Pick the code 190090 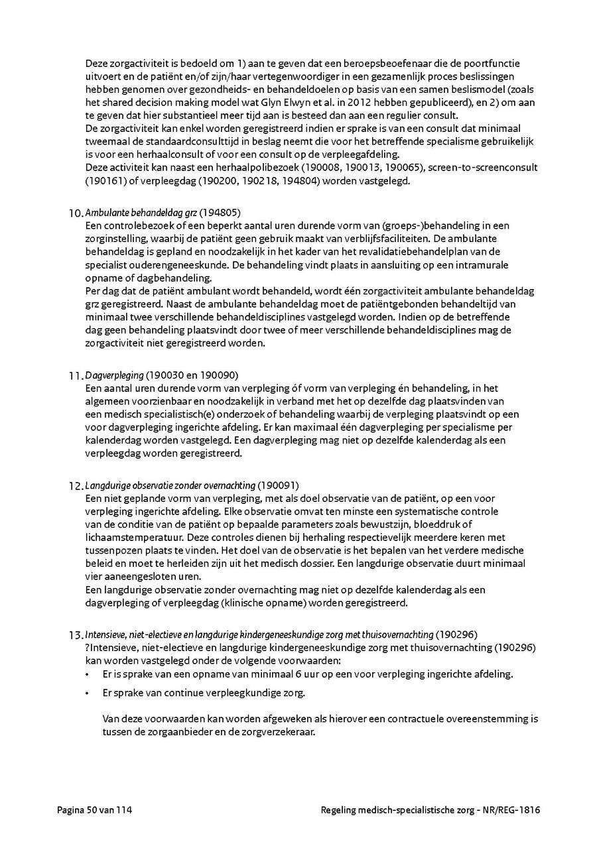click(219, 375)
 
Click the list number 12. click(75, 486)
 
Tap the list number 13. click(75, 635)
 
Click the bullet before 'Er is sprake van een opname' click(88, 675)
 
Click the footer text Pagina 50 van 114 click(95, 810)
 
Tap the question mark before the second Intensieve click(88, 647)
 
